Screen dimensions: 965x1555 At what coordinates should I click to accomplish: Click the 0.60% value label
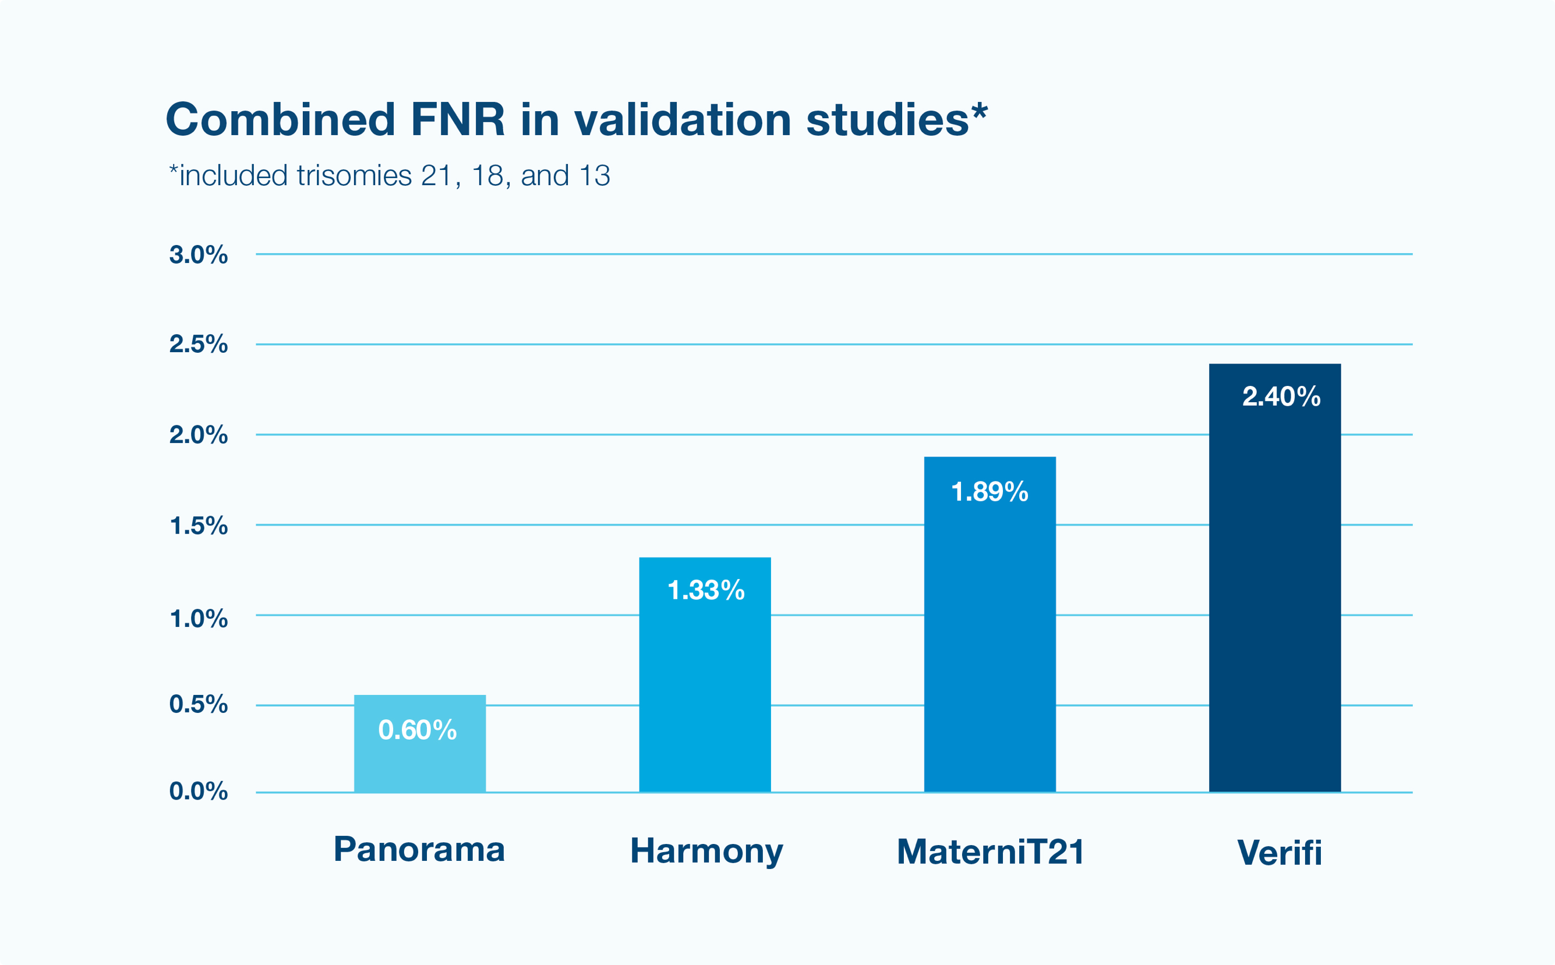click(x=418, y=730)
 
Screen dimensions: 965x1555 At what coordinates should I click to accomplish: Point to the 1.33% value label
click(x=706, y=590)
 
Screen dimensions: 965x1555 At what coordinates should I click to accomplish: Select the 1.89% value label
click(x=990, y=492)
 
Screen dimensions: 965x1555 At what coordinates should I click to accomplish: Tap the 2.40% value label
click(x=1281, y=397)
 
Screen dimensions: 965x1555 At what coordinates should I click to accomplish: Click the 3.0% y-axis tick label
click(x=198, y=255)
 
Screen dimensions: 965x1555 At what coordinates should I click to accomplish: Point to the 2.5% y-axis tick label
click(x=198, y=344)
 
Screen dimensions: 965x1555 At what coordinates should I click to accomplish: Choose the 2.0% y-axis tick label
click(x=198, y=435)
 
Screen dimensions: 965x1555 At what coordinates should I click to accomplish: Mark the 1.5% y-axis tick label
click(x=198, y=526)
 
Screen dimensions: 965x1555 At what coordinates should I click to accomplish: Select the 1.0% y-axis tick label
click(x=198, y=619)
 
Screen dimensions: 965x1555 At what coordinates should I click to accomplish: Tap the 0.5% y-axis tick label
click(x=198, y=705)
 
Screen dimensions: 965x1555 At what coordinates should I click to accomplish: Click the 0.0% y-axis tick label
click(x=198, y=792)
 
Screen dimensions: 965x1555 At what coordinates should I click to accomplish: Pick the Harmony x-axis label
click(x=706, y=852)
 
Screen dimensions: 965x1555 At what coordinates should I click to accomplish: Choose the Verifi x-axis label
click(x=1279, y=853)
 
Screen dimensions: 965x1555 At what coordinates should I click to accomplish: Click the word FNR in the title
click(x=457, y=119)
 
